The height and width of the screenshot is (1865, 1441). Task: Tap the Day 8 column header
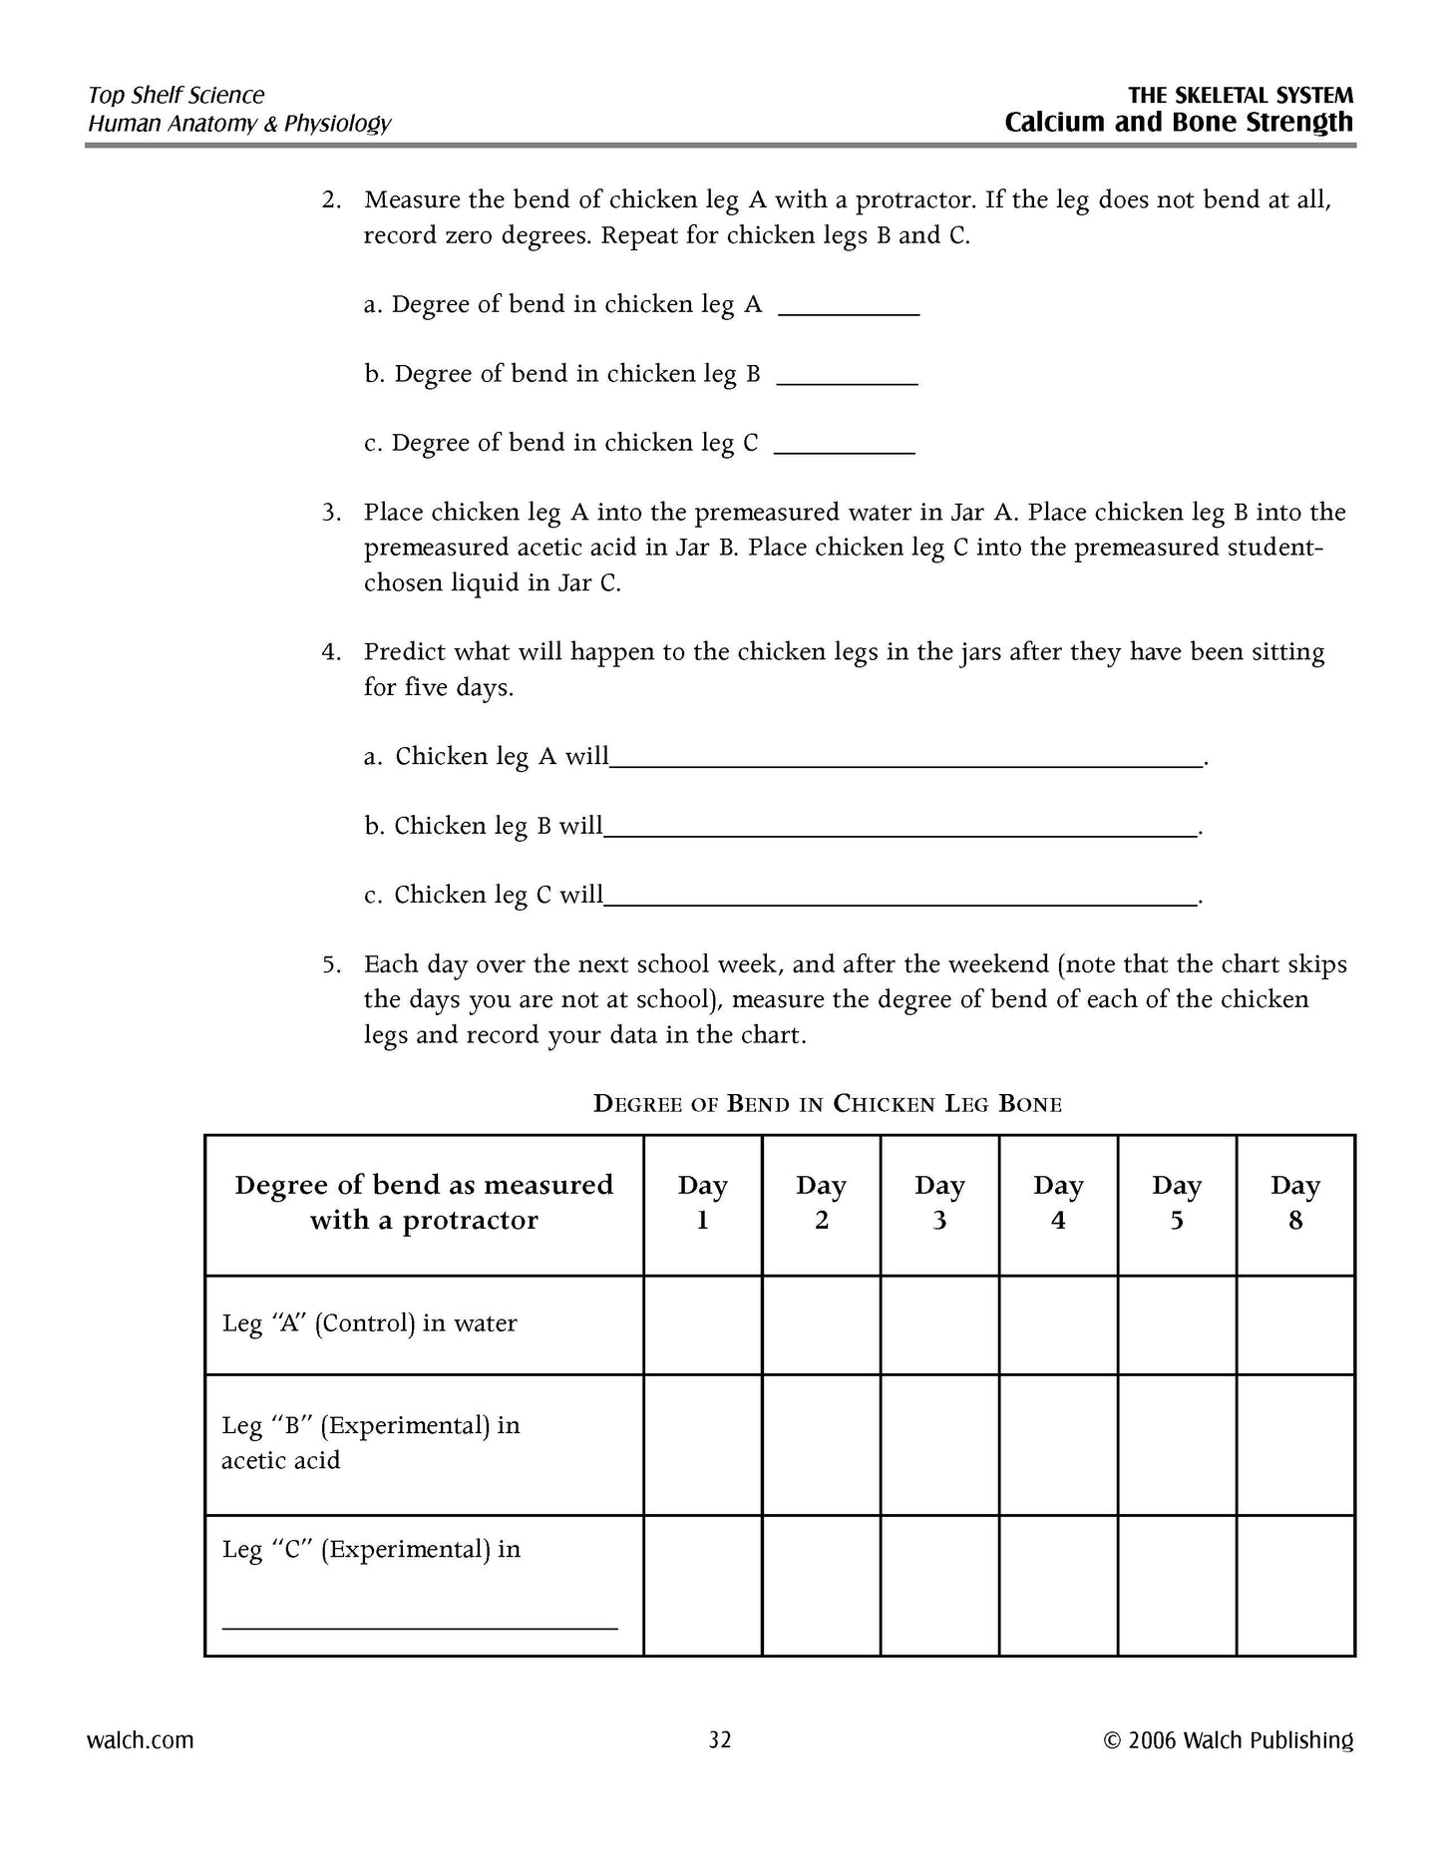1294,1204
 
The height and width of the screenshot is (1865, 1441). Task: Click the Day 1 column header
702,1204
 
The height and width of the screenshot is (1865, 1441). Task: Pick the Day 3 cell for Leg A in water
938,1324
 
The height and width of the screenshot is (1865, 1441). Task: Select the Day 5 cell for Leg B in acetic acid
1176,1444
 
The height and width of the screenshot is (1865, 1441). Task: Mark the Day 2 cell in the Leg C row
821,1585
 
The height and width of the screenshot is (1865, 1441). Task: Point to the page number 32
720,1740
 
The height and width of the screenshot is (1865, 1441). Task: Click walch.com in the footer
141,1740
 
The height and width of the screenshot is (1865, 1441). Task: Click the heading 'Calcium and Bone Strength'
1179,123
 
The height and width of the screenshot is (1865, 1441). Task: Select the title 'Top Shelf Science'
177,96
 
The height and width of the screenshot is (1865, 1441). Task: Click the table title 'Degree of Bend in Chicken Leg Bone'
828,1103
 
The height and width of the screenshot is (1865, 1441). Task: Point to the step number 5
330,964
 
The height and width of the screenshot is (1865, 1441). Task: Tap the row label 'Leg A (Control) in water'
370,1324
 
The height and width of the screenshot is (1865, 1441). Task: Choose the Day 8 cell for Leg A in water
1294,1324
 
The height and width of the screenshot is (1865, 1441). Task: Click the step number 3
330,513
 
